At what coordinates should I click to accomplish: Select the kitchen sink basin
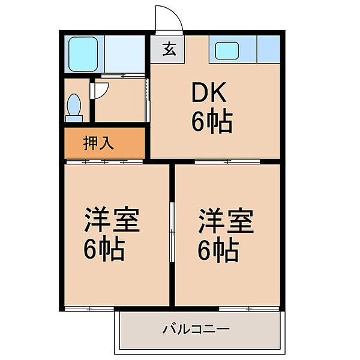(227, 50)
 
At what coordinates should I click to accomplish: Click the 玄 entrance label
(169, 50)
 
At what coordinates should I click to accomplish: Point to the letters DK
(210, 93)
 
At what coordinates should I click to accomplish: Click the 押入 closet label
(98, 144)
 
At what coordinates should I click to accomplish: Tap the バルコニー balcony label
(196, 329)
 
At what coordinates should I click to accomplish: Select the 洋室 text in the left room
(112, 221)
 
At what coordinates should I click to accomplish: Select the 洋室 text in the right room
(226, 221)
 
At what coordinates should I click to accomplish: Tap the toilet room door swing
(101, 88)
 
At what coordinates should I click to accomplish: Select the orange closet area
(106, 143)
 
